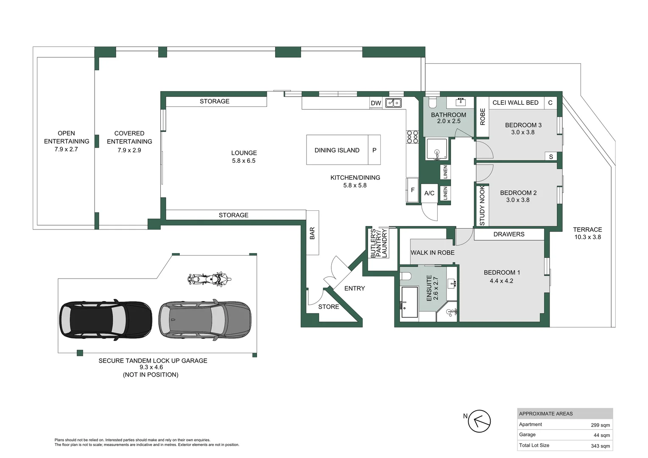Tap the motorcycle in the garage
(209, 279)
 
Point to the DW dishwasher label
(376, 103)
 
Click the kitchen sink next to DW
(394, 103)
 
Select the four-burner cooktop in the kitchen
(413, 137)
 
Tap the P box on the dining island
(374, 150)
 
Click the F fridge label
(413, 190)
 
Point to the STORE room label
(329, 307)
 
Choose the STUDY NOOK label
(482, 206)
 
